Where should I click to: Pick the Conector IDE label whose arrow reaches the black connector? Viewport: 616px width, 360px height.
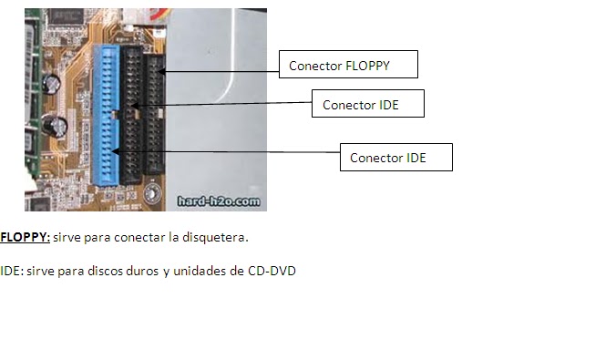pyautogui.click(x=367, y=105)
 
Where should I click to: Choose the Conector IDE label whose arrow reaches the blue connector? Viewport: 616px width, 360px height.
pyautogui.click(x=395, y=158)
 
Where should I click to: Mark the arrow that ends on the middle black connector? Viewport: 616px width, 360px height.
pyautogui.click(x=228, y=106)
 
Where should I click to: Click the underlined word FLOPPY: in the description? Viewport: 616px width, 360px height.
pyautogui.click(x=25, y=237)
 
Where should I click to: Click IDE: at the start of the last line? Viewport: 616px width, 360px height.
pyautogui.click(x=12, y=271)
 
